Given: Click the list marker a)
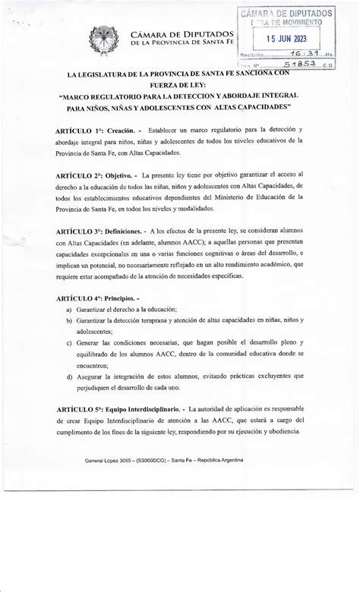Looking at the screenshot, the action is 69,310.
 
